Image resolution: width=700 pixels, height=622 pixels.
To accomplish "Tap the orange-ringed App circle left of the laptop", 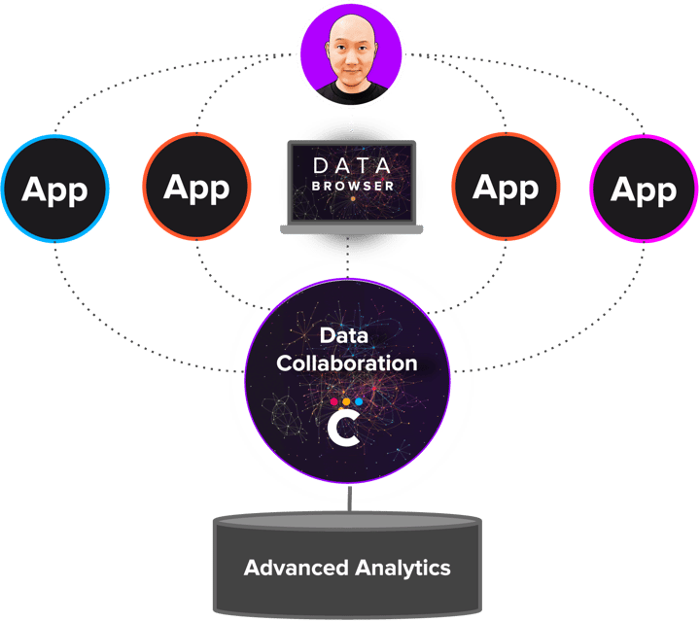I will point(196,186).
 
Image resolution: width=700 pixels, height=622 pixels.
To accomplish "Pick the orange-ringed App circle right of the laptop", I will point(506,187).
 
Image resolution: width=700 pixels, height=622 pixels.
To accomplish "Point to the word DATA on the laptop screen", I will point(352,164).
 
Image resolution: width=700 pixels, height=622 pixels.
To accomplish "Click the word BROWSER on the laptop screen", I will point(353,184).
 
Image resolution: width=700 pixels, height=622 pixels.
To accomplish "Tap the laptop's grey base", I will point(352,229).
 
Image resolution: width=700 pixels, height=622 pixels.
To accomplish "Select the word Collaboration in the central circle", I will point(347,363).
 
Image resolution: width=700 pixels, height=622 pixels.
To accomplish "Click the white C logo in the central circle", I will point(343,430).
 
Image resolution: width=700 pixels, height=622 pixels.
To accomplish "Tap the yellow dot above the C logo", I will point(346,399).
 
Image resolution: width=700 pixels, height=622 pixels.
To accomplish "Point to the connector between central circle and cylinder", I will point(348,497).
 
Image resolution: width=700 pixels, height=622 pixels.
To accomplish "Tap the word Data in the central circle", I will point(346,336).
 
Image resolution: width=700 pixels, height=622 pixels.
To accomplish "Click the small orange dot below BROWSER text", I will point(352,198).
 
